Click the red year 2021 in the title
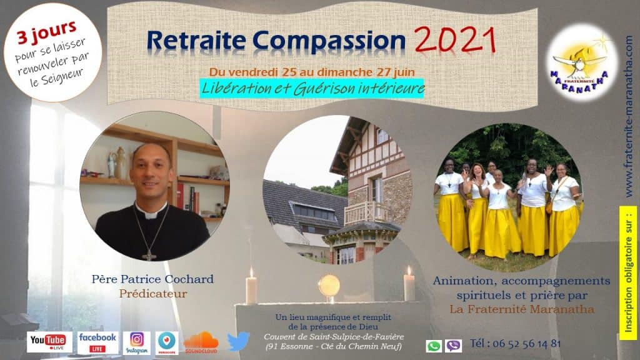coord(455,39)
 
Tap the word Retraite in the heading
coord(196,41)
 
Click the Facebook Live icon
coord(97,342)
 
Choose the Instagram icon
coord(137,342)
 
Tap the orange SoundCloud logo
coord(201,342)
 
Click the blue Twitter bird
coord(238,341)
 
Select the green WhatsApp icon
coord(434,346)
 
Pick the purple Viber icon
coord(454,346)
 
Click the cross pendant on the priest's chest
coord(149,256)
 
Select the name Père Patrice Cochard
coord(152,279)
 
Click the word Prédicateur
coord(153,294)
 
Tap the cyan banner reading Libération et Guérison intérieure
coord(312,88)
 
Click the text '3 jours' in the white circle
coord(46,32)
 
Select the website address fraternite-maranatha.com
coord(629,117)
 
